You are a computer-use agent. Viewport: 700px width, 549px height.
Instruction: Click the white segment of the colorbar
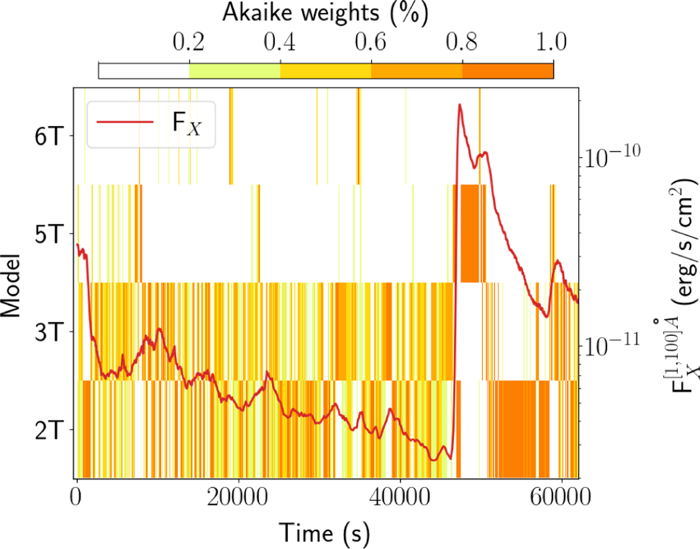click(x=144, y=70)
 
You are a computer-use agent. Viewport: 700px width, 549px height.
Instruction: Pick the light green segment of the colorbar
click(x=235, y=70)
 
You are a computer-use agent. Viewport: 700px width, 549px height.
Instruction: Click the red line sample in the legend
click(x=125, y=122)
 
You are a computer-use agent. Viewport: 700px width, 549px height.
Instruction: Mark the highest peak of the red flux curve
click(x=460, y=105)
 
